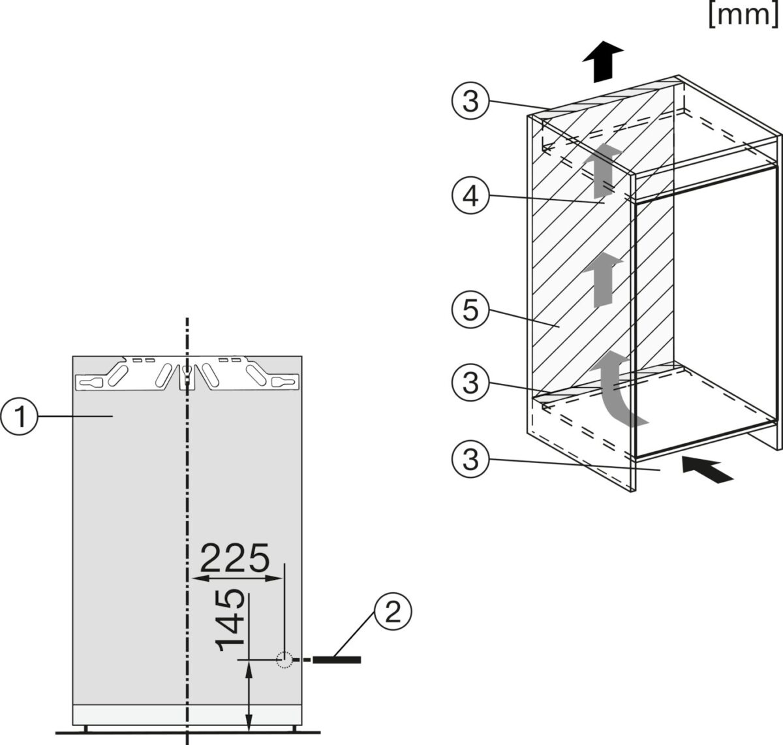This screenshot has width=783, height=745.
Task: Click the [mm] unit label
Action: click(x=743, y=14)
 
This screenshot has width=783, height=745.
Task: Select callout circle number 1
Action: click(x=21, y=416)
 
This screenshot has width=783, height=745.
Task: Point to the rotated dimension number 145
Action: click(x=231, y=620)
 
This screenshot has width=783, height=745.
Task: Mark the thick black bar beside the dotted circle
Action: click(x=337, y=660)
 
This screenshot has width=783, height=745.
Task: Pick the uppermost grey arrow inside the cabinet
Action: click(x=602, y=170)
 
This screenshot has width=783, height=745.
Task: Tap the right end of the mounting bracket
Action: click(x=285, y=381)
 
